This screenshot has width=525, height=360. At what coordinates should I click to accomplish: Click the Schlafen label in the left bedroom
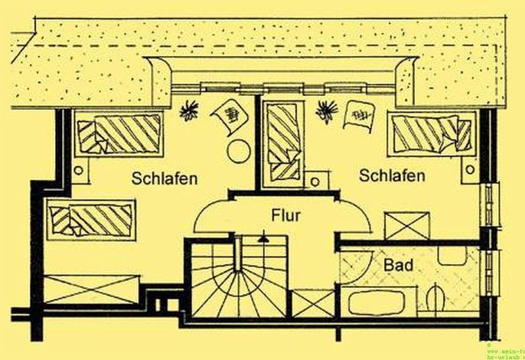(x=165, y=178)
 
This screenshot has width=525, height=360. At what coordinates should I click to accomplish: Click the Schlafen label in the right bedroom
(x=392, y=176)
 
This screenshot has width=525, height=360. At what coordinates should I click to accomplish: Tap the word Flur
(x=284, y=215)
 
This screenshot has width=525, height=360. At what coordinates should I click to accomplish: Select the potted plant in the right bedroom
(x=328, y=110)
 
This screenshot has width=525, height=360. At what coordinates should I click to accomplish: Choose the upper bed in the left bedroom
(x=120, y=134)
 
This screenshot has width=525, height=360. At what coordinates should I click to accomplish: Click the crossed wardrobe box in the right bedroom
(x=406, y=227)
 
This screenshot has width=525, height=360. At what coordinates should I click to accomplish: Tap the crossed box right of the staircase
(x=313, y=303)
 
